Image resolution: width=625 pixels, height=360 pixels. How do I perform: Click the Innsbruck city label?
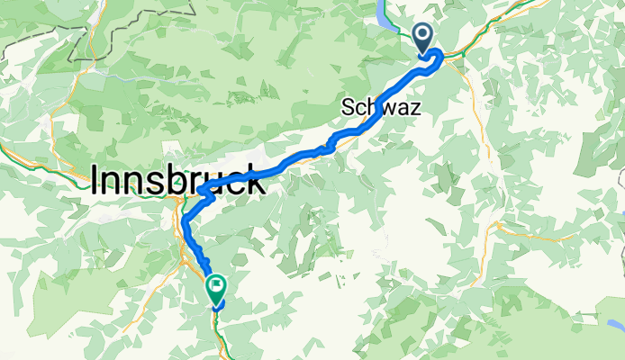coord(178,183)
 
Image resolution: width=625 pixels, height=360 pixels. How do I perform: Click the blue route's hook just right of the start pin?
coord(439,58)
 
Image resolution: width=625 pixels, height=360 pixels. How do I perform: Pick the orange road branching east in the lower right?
coord(540,238)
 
